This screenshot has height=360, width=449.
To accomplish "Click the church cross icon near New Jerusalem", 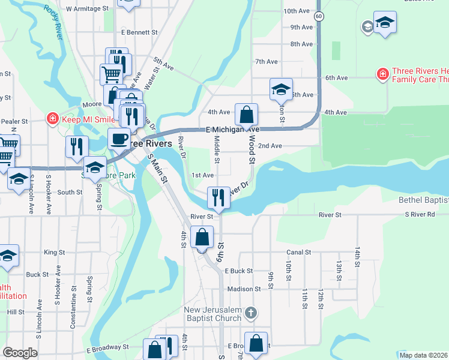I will (x=252, y=313).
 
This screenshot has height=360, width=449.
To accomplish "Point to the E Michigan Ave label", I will (x=232, y=130).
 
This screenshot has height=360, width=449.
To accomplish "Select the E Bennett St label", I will (x=139, y=32).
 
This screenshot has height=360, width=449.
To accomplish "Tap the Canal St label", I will (x=298, y=253).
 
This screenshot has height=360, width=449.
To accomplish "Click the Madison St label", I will (x=244, y=289).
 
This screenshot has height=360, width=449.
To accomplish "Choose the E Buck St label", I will (x=239, y=271).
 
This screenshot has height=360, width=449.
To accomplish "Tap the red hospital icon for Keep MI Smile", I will (x=53, y=119).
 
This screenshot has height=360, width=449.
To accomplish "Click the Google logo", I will (x=20, y=353).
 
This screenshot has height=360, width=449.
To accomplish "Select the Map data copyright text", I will (x=423, y=355).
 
